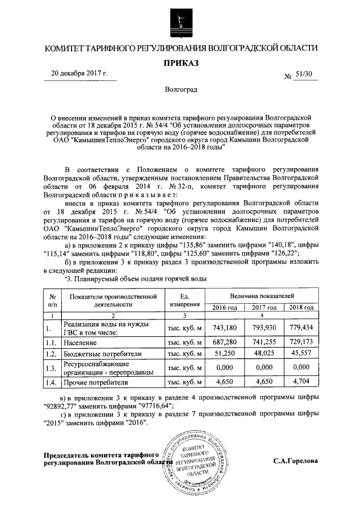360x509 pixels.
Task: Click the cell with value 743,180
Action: click(224, 327)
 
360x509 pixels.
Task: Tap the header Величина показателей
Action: click(262, 295)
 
